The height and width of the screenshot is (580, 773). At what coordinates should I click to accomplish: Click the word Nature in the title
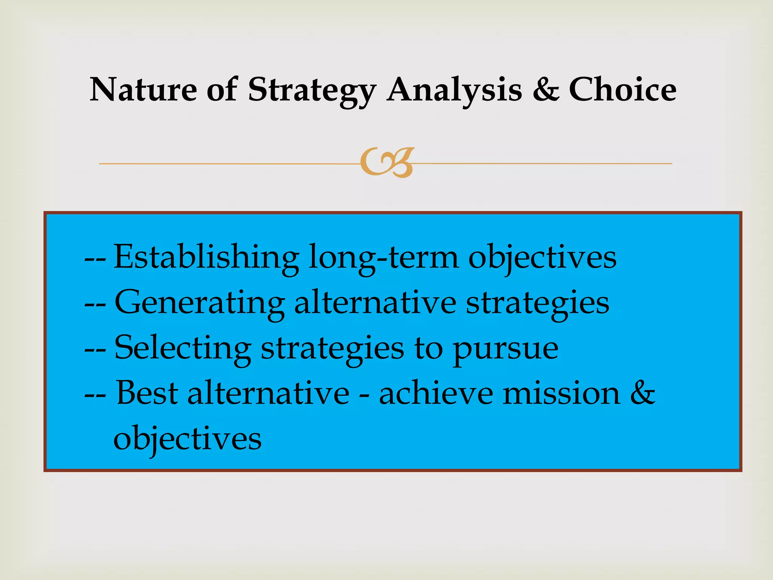pos(143,90)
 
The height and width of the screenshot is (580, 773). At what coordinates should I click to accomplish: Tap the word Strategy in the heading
pos(312,91)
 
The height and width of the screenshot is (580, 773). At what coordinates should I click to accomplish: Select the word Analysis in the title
pos(454,91)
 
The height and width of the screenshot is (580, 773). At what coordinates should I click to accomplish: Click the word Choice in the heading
pos(622,90)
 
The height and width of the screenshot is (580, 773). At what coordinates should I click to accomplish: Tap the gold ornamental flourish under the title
pos(387,163)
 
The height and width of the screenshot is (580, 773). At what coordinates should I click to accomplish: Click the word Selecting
pos(183,349)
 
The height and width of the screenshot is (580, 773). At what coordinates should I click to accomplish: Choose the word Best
pos(147,393)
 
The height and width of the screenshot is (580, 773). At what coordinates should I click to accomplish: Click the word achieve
pos(436,393)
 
